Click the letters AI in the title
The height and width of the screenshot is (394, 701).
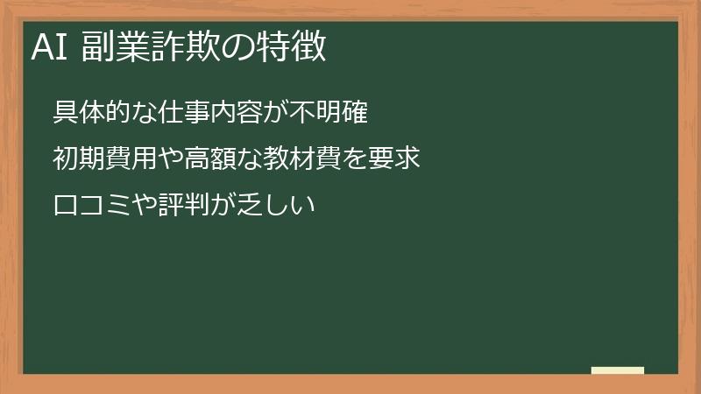50,47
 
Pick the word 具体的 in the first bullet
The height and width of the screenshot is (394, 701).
92,113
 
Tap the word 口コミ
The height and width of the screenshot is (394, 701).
92,208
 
